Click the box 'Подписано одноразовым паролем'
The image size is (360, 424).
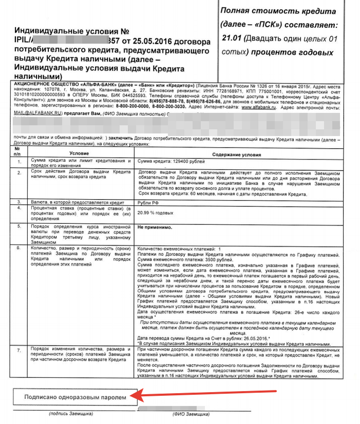(76, 397)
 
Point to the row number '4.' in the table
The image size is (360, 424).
(19, 209)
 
